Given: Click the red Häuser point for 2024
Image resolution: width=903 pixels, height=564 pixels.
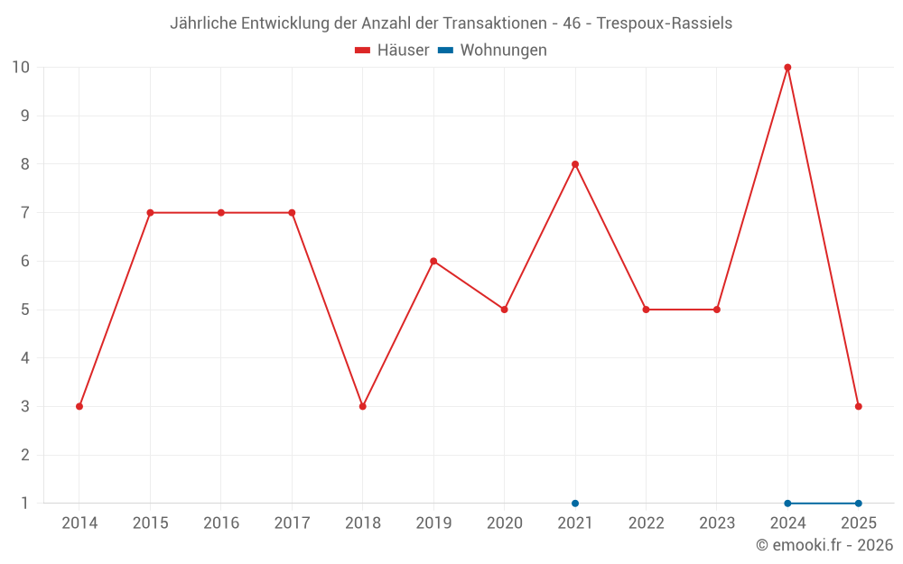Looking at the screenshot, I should pyautogui.click(x=787, y=68).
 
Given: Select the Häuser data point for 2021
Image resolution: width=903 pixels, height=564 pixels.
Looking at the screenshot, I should pyautogui.click(x=575, y=164).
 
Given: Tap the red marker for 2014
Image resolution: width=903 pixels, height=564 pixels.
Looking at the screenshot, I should pyautogui.click(x=79, y=406).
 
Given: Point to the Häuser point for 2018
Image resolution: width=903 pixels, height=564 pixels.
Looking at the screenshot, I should pyautogui.click(x=363, y=406).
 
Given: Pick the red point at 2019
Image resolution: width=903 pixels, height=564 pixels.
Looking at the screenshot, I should pyautogui.click(x=433, y=261).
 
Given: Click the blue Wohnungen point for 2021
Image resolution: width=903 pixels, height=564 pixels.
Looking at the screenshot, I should pyautogui.click(x=575, y=503).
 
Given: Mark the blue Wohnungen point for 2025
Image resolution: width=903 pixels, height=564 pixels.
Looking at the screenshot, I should pyautogui.click(x=858, y=503).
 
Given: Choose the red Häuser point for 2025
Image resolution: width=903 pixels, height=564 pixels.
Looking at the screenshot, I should pyautogui.click(x=858, y=406).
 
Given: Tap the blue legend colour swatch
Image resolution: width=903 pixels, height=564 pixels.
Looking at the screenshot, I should pyautogui.click(x=445, y=51).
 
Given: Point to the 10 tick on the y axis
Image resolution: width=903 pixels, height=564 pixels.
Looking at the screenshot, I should pyautogui.click(x=21, y=68).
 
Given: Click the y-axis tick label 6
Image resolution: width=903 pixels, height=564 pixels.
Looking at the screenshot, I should pyautogui.click(x=25, y=261).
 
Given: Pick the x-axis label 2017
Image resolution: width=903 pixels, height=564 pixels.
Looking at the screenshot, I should pyautogui.click(x=292, y=523).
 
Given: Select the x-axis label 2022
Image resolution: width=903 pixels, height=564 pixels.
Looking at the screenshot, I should pyautogui.click(x=646, y=523).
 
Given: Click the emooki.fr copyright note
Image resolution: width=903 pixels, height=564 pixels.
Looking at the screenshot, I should pyautogui.click(x=824, y=545).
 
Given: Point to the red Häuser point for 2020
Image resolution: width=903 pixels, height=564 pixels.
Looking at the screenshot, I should pyautogui.click(x=504, y=310).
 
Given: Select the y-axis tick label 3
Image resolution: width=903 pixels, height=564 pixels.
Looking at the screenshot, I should pyautogui.click(x=25, y=406).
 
